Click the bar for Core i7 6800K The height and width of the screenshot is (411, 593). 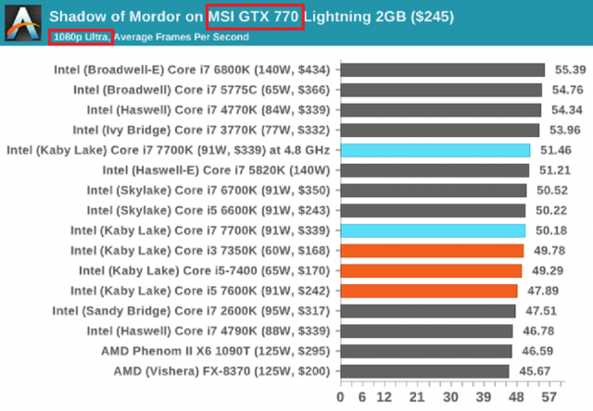pyautogui.click(x=442, y=69)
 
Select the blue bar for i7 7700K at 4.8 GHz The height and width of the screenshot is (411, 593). pyautogui.click(x=435, y=150)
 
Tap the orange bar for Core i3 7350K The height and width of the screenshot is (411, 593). pyautogui.click(x=432, y=250)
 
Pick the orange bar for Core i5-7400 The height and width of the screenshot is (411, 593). pyautogui.click(x=431, y=270)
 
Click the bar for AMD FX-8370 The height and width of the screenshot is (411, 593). pyautogui.click(x=424, y=370)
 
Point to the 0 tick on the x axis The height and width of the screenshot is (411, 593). pyautogui.click(x=341, y=396)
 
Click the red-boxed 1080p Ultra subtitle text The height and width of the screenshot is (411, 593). pyautogui.click(x=81, y=37)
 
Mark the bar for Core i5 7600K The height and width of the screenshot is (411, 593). pyautogui.click(x=429, y=291)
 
